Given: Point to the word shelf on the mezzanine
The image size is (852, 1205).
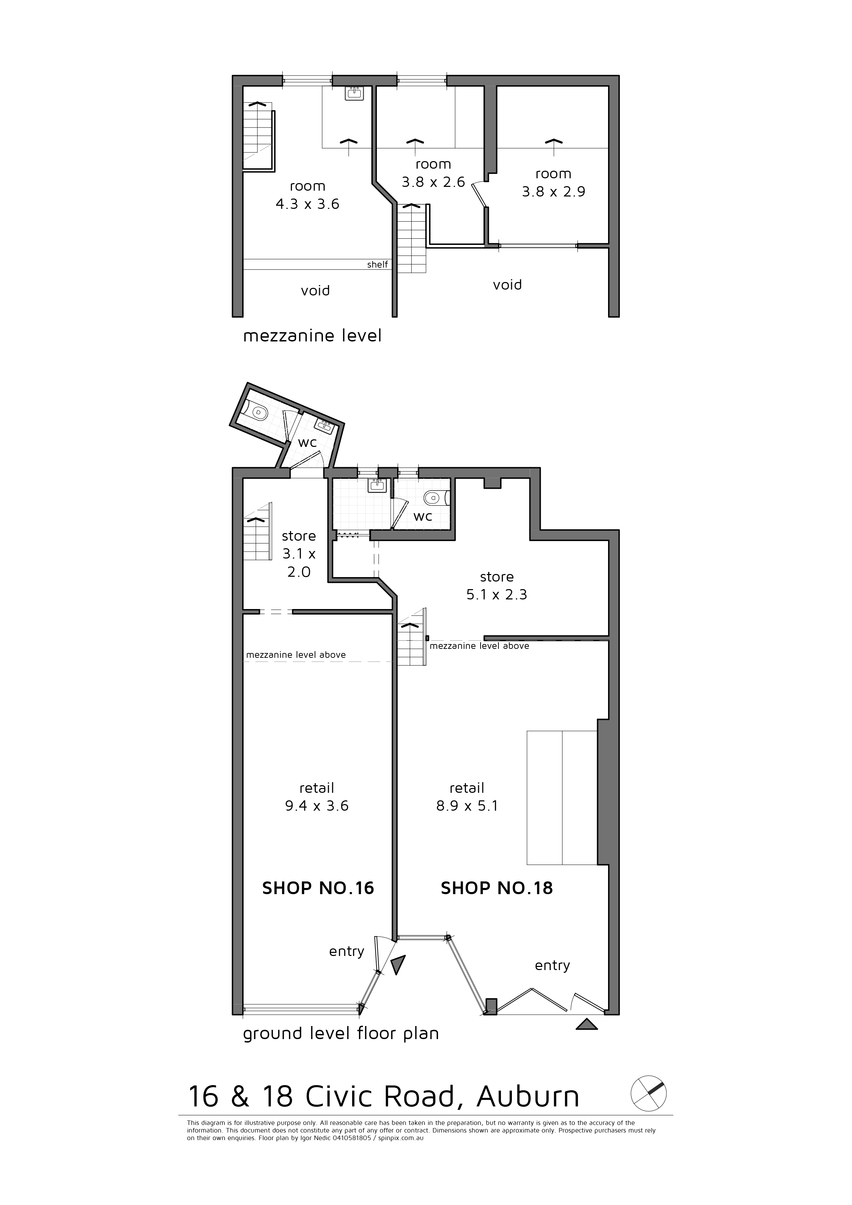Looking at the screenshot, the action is [x=378, y=264].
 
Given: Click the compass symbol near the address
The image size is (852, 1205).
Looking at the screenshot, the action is [x=648, y=1093].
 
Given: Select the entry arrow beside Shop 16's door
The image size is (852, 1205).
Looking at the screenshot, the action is [x=399, y=965].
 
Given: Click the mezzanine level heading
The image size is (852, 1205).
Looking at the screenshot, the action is [x=312, y=335].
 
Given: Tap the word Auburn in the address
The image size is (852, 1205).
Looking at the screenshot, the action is [x=528, y=1096].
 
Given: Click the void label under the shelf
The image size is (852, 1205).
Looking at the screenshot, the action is [x=315, y=290].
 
